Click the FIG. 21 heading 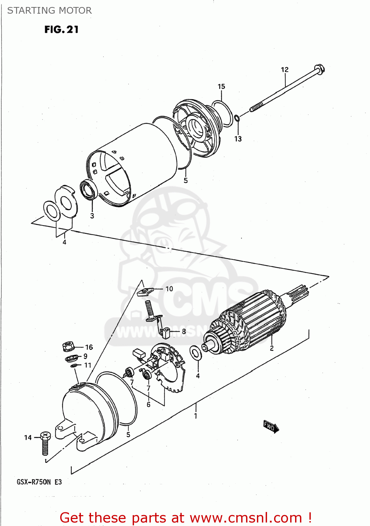click(61, 30)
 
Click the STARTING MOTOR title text click(49, 11)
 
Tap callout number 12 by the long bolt click(285, 70)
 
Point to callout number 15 click(221, 87)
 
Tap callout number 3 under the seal click(92, 216)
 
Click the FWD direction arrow click(271, 427)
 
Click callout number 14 click(28, 438)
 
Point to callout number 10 click(169, 289)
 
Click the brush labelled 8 click(166, 332)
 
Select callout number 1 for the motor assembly click(196, 416)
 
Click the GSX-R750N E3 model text click(39, 482)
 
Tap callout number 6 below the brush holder click(148, 405)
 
